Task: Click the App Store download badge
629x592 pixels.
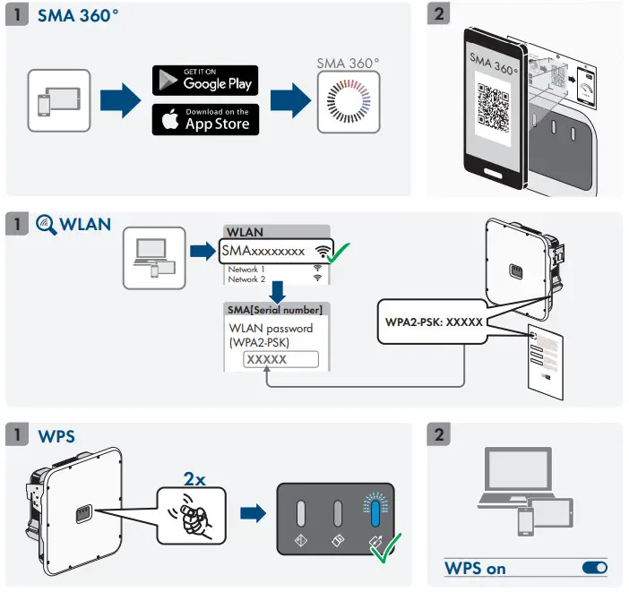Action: [x=205, y=119]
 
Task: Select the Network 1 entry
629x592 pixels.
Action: [x=247, y=269]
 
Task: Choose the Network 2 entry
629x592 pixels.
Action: [x=247, y=279]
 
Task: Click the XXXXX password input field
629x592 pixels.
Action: [x=280, y=359]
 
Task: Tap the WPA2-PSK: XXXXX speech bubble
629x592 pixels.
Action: [x=428, y=321]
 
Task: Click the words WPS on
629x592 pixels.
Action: [x=475, y=568]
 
